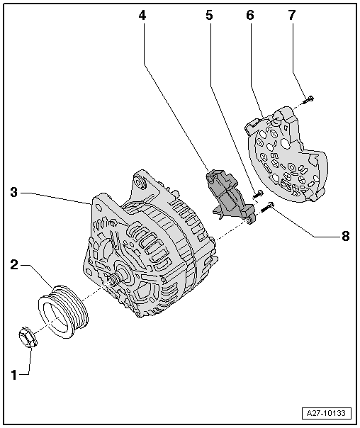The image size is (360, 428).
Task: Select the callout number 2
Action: coord(14,266)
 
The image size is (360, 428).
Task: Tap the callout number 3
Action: coord(14,191)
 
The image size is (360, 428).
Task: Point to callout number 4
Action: coord(142,14)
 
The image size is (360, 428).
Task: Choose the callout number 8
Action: coord(345,237)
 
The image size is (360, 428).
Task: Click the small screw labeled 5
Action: coord(259,193)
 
